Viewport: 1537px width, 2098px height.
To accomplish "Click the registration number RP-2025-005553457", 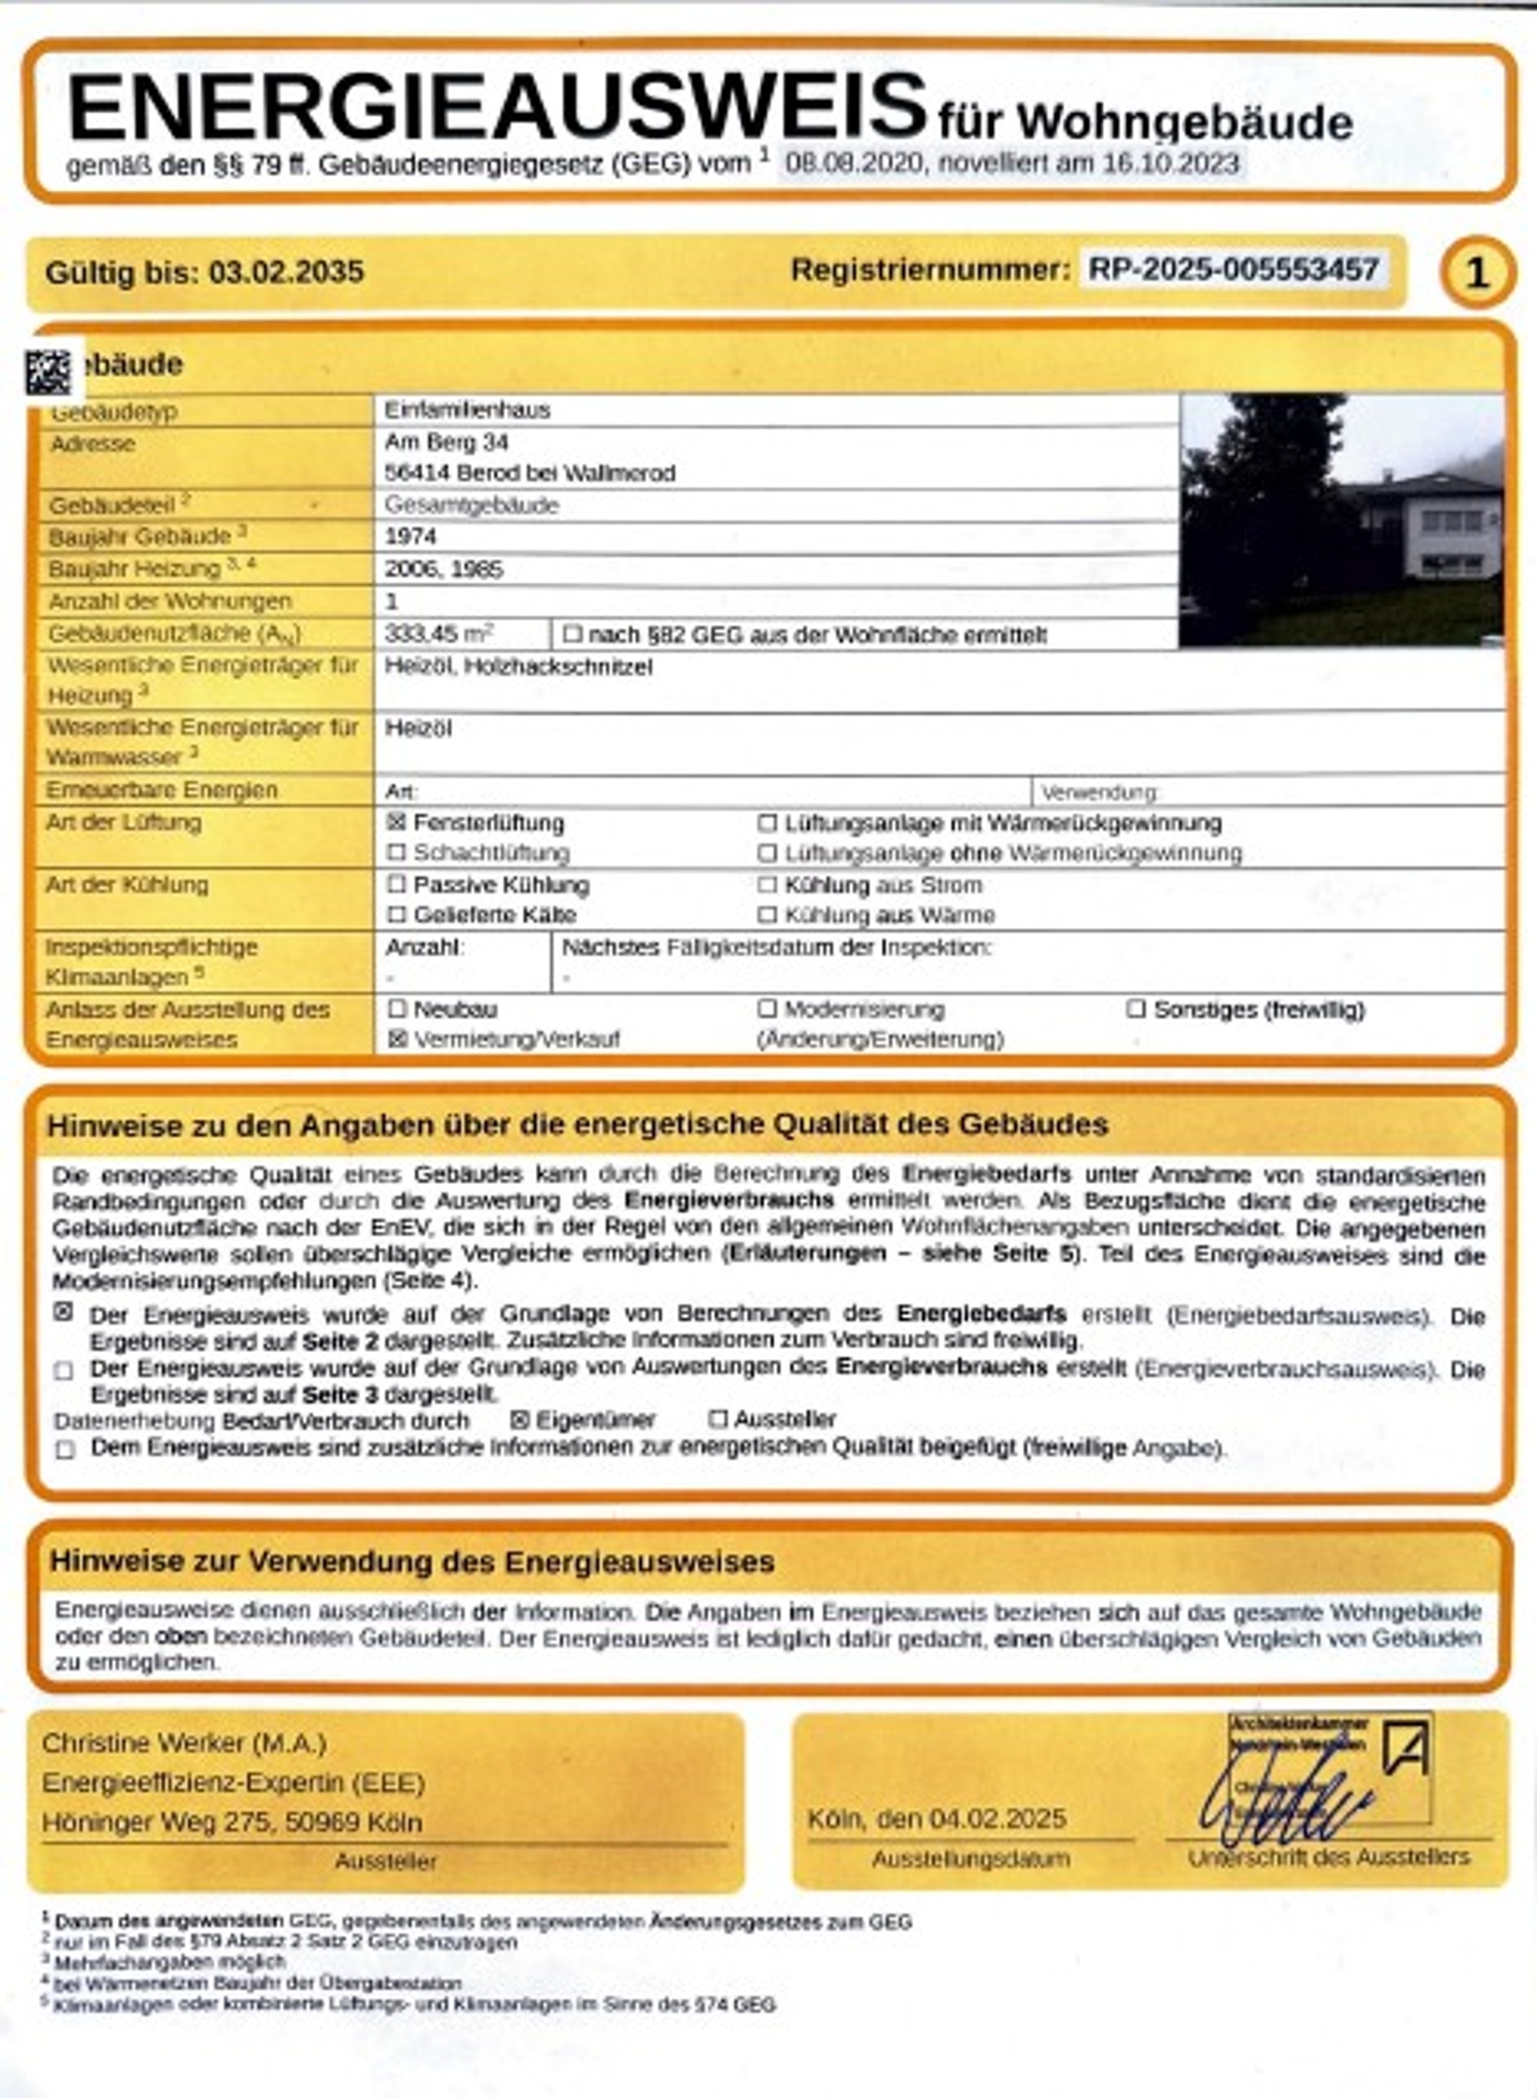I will tap(1233, 270).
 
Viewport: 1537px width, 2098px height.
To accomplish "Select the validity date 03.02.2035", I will tap(286, 272).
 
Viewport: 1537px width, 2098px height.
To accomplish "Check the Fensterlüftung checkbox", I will tap(397, 823).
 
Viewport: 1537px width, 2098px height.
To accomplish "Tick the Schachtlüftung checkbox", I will tap(397, 852).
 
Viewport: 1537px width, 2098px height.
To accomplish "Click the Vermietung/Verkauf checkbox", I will tap(397, 1040).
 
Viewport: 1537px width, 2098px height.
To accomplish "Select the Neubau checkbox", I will tap(397, 1009).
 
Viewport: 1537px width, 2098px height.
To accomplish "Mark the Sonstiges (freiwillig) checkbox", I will tap(1136, 1009).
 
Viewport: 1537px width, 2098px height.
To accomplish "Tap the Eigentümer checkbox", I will tap(521, 1420).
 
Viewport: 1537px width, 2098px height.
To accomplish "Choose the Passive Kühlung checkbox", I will tap(397, 884).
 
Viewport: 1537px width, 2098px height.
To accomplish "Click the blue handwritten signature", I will tap(1284, 1810).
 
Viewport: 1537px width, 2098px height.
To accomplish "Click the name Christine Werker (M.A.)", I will tap(184, 1742).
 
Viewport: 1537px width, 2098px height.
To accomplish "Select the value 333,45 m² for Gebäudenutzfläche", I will tap(438, 634).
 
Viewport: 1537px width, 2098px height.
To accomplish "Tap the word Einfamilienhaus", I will tap(467, 410).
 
